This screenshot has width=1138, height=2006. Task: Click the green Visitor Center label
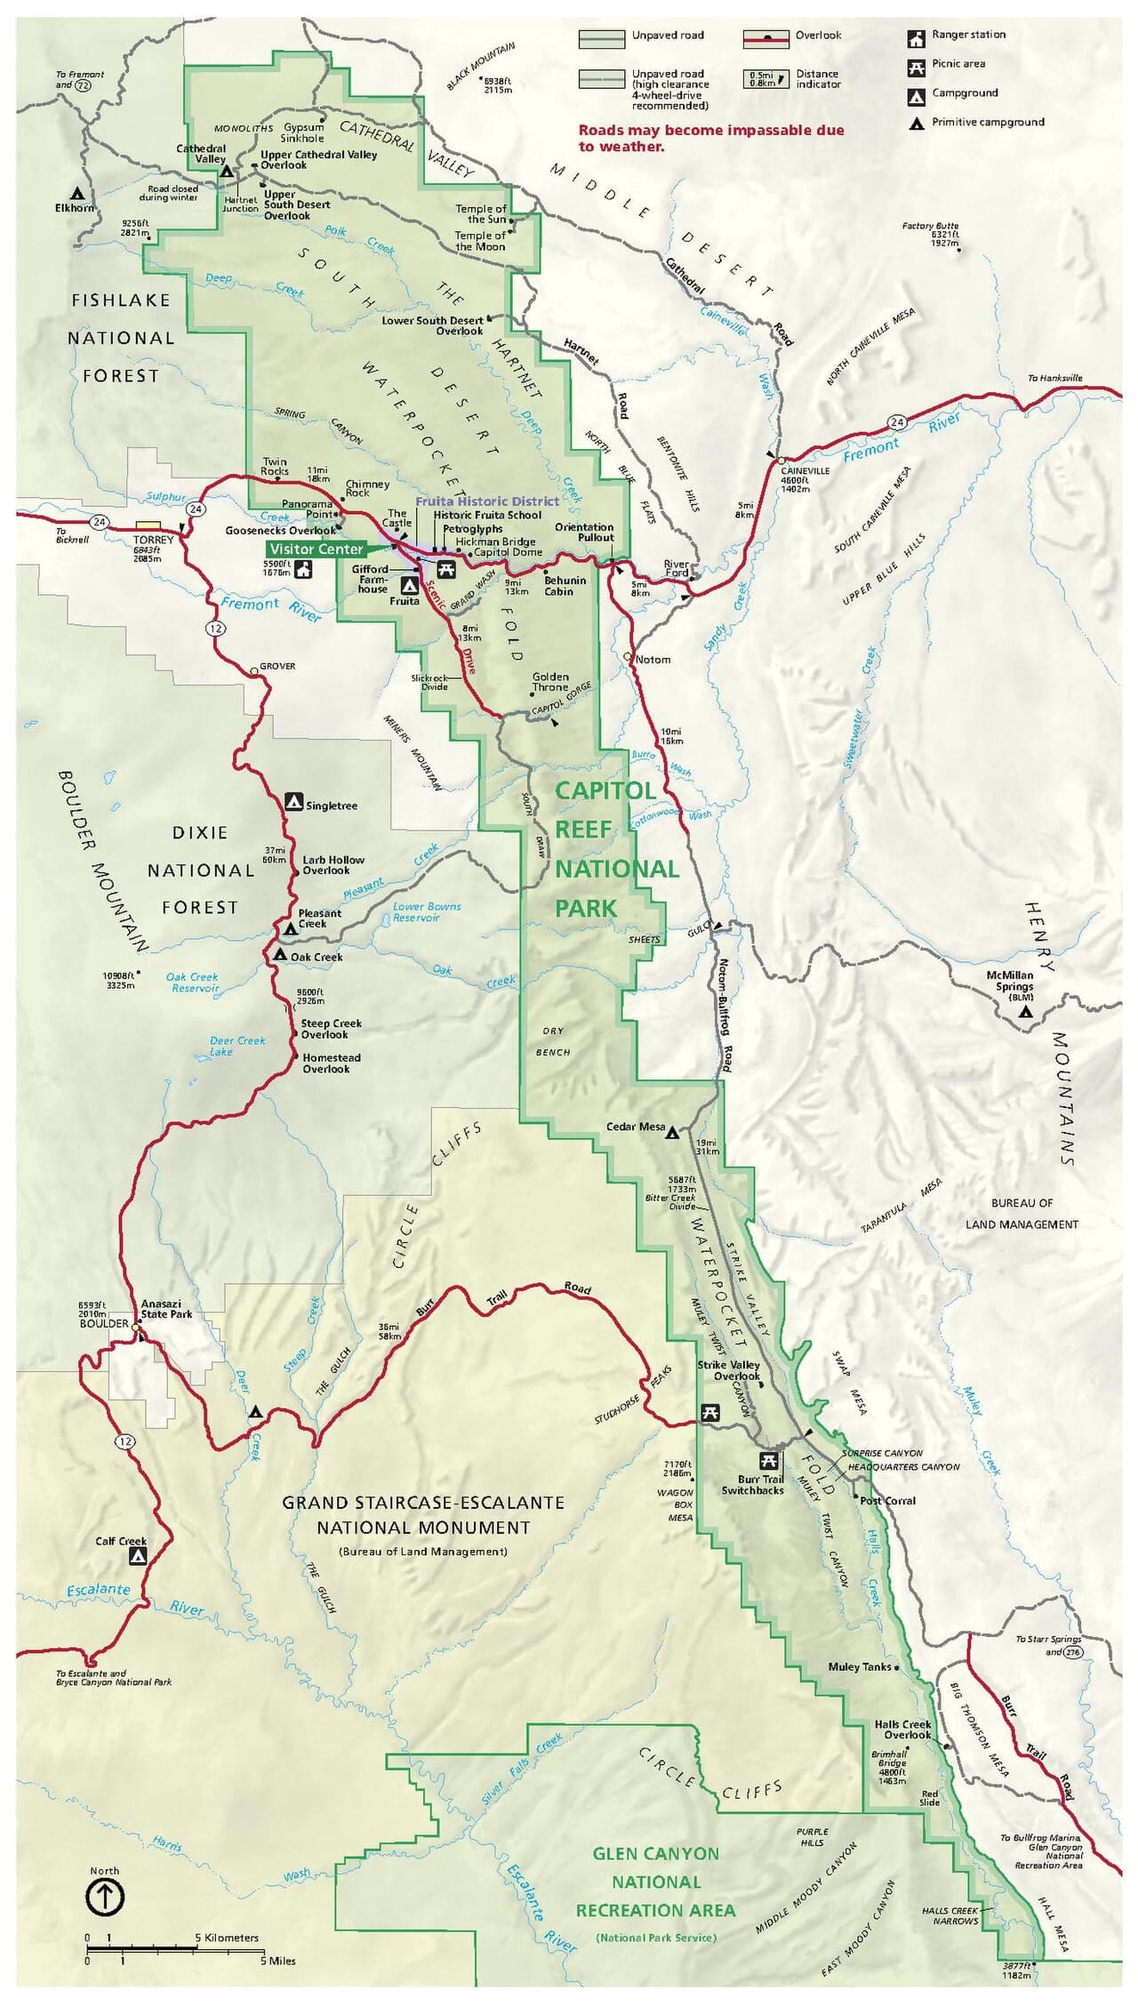coord(317,549)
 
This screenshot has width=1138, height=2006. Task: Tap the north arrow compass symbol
coord(105,1898)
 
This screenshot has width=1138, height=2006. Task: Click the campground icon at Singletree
coord(294,802)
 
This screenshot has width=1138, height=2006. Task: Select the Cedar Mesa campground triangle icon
coord(673,1133)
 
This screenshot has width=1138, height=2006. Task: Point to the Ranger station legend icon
coord(916,38)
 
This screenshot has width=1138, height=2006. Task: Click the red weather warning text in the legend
coord(710,138)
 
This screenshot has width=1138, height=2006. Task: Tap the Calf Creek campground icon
coord(138,1556)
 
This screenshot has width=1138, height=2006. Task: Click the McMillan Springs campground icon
coord(1026,1012)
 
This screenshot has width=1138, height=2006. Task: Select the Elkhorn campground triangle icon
coord(78,192)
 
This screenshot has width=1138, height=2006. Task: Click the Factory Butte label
coord(930,226)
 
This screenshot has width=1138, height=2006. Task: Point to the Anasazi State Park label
coord(166,1309)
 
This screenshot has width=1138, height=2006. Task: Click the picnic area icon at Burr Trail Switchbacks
coord(769,1461)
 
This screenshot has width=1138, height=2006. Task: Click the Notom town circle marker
coord(628,657)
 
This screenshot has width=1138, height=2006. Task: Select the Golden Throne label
coord(550,681)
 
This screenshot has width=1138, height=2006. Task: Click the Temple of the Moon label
coord(480,241)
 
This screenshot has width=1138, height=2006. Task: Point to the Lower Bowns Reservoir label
coord(427,911)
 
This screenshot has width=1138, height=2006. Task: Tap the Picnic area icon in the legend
coord(916,67)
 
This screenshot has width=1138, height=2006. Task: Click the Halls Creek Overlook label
coord(902,1729)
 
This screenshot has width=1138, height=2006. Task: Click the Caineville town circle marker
coord(780,461)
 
